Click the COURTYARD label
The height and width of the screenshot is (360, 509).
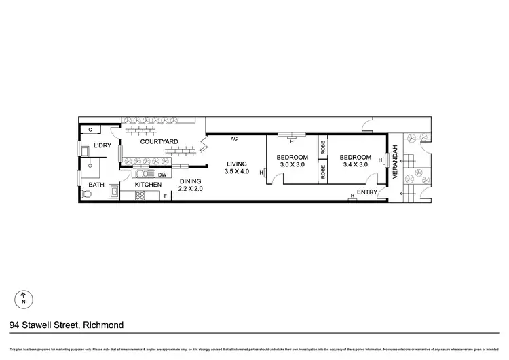point(159,142)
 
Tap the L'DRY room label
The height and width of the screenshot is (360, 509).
point(102,146)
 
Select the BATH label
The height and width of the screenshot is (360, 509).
point(96,185)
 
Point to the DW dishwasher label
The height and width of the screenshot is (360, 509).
point(162,173)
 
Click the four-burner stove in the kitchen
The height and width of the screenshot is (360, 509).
point(141,196)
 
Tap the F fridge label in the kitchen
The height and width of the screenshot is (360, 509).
point(165,197)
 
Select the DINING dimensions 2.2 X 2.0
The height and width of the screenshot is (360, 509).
point(191,190)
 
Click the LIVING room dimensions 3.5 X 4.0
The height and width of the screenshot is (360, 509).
point(237,172)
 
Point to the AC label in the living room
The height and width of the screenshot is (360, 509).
point(233,139)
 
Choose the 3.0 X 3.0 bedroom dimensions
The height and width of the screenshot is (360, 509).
point(293,164)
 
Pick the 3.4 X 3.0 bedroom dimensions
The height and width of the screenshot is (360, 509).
point(355,164)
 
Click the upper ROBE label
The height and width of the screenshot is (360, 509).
point(323,146)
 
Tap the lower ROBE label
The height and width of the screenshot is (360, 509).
point(323,172)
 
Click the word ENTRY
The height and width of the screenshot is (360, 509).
point(366,192)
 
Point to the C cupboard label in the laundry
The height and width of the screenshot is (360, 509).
point(90,129)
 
